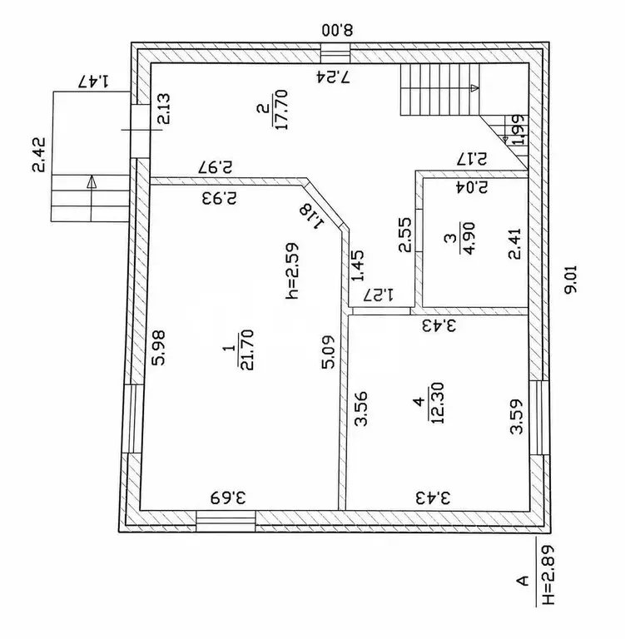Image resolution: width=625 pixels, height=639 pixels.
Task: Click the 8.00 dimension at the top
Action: [337, 30]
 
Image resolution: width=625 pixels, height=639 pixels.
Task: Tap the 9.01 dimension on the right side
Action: [570, 279]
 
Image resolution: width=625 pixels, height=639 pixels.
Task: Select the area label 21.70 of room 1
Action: [247, 349]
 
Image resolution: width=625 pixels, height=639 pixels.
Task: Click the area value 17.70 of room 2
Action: [281, 109]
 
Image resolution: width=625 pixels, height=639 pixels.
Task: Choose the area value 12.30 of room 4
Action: [437, 403]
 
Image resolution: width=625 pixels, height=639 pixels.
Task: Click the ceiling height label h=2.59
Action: [292, 271]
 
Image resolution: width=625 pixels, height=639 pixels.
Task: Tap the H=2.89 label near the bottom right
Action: [548, 575]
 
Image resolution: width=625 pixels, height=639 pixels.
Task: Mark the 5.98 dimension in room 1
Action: [158, 348]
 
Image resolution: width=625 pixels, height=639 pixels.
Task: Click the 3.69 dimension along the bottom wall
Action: [228, 498]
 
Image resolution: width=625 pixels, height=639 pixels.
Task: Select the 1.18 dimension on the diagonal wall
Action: [312, 216]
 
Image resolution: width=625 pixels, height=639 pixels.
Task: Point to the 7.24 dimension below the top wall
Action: [333, 77]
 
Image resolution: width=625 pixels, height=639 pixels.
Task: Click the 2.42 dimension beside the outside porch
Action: [39, 155]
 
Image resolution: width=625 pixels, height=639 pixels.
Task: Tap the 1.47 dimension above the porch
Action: [94, 81]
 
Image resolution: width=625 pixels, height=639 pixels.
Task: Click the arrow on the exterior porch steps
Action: [92, 198]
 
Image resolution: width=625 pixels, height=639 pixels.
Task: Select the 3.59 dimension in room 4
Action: [517, 416]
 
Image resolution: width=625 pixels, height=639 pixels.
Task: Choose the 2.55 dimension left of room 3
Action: [404, 235]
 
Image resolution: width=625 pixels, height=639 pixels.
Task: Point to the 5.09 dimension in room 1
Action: [329, 352]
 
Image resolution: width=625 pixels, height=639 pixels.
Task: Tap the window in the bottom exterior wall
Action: [226, 521]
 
